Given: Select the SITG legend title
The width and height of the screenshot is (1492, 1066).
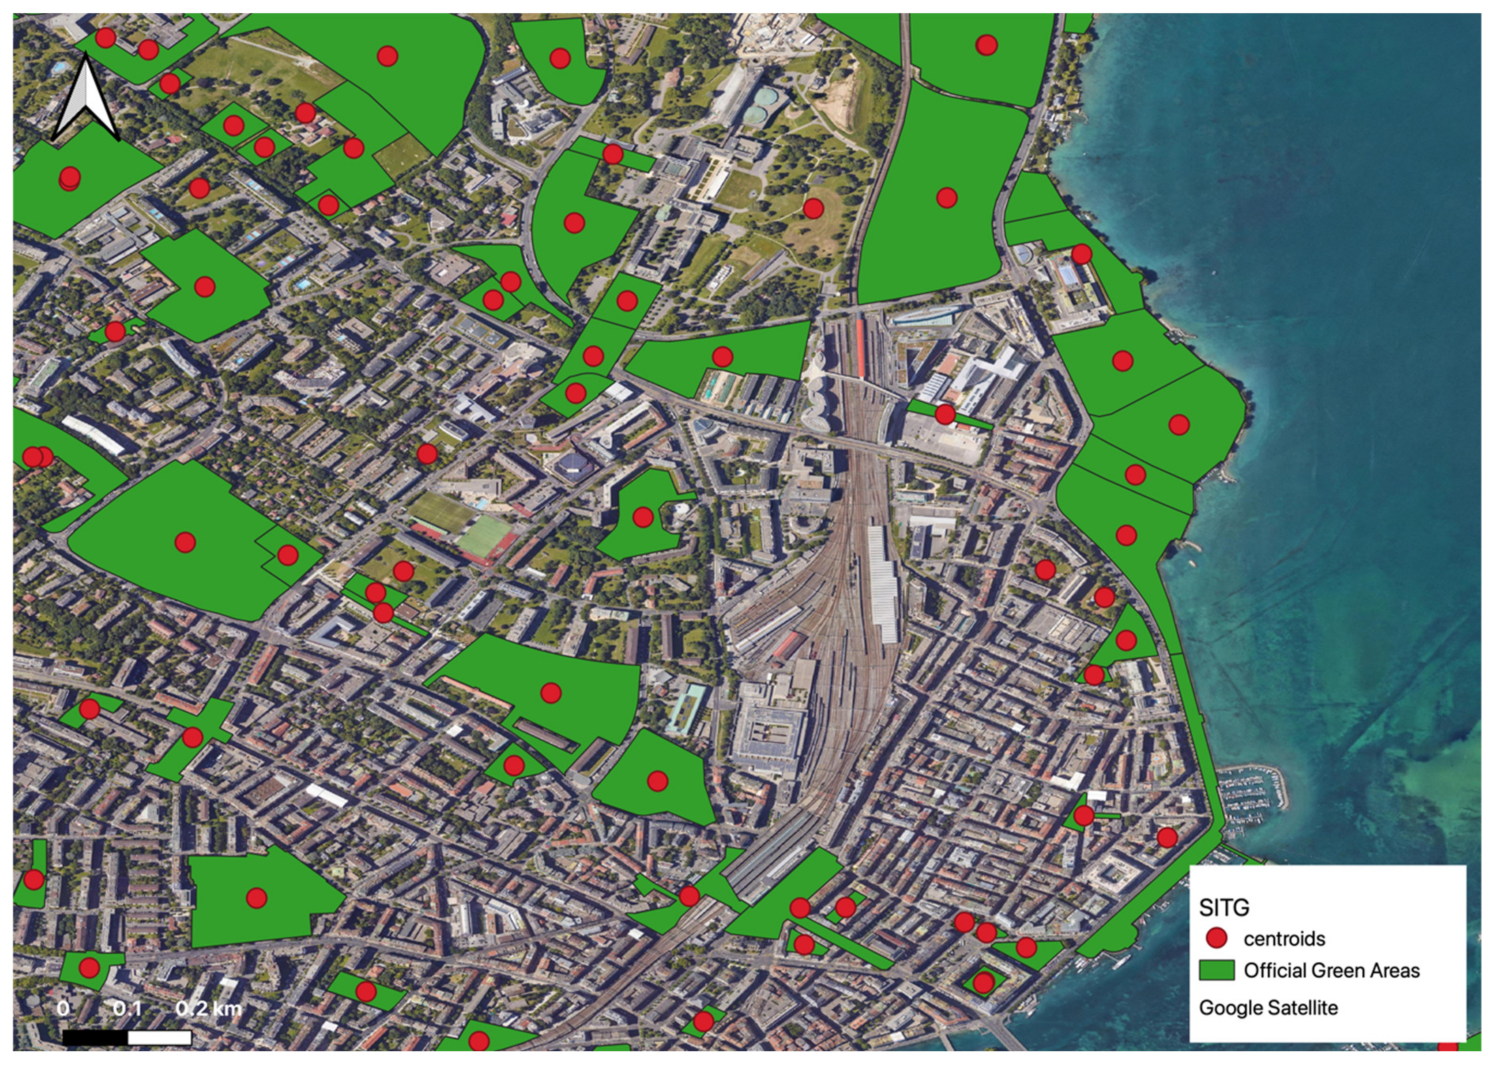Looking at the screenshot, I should [1223, 907].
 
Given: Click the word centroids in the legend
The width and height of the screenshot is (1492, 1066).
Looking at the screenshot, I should [1284, 939].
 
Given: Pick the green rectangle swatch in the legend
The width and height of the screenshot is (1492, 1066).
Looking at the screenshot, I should [1216, 970].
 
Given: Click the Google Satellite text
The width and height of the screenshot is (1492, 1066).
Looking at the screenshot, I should [1268, 1008].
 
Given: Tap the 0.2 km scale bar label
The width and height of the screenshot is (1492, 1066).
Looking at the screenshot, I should [209, 1008].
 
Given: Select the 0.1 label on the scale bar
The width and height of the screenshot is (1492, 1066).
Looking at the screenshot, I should [127, 1008].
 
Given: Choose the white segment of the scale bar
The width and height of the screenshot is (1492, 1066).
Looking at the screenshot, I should [159, 1037].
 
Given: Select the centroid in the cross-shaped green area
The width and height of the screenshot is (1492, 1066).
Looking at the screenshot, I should [192, 737].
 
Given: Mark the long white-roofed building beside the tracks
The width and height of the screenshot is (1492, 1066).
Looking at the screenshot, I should [883, 583].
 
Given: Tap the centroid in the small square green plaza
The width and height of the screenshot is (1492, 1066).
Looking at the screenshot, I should [983, 982].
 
